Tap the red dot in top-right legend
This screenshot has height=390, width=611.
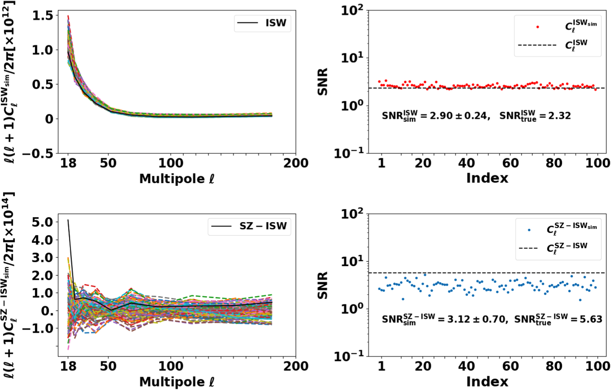(537, 27)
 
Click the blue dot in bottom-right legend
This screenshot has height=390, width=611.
(529, 230)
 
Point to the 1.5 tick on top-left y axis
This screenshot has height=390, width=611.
(42, 15)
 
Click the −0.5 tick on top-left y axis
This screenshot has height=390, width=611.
(38, 153)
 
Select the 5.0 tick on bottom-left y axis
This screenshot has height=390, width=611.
(42, 222)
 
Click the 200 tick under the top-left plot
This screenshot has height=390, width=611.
(295, 163)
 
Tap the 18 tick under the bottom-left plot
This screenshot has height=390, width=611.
(68, 366)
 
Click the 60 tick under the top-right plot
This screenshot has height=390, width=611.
(510, 163)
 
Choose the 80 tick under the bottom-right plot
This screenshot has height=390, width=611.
(554, 366)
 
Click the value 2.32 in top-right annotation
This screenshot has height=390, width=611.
(559, 116)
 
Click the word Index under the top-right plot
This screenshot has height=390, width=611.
(487, 178)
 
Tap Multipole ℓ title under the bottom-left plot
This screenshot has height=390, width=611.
(177, 382)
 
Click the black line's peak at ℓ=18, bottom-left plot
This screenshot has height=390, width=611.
(68, 220)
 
